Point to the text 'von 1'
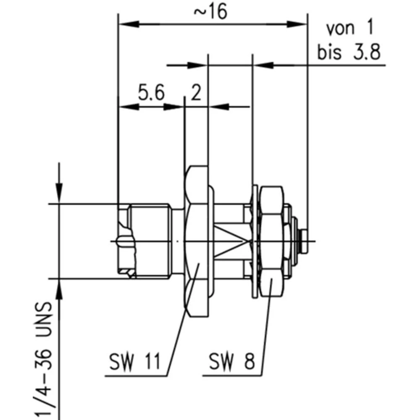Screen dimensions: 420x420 [x=349, y=29]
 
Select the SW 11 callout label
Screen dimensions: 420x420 [x=135, y=362]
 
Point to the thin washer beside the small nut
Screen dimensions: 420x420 [x=254, y=241]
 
